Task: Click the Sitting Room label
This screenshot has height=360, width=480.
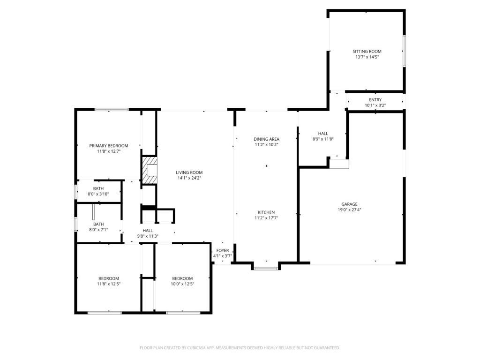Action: click(367, 52)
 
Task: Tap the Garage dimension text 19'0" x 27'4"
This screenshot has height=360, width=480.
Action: click(349, 210)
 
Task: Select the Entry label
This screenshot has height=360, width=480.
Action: click(375, 100)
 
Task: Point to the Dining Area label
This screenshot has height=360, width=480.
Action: click(266, 139)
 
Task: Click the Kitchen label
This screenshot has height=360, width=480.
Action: click(266, 212)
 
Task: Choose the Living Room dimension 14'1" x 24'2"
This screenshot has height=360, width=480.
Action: click(189, 178)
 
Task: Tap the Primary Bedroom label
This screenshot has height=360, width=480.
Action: click(109, 146)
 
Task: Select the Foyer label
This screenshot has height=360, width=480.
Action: click(222, 251)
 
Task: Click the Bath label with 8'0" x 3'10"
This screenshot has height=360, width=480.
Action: click(98, 188)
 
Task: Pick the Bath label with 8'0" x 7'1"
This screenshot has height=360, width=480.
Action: click(98, 224)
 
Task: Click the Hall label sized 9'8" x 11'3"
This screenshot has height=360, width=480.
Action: click(148, 231)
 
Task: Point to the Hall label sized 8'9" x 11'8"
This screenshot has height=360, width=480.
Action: click(323, 134)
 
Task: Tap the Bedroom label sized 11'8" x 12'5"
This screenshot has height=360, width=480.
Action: click(109, 278)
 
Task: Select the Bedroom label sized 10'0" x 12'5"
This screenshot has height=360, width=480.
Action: click(182, 278)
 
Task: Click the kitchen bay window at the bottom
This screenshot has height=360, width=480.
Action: click(266, 268)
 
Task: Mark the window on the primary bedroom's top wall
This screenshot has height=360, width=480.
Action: click(112, 110)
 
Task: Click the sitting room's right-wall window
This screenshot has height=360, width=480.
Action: click(404, 51)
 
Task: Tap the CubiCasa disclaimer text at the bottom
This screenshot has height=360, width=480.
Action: click(240, 348)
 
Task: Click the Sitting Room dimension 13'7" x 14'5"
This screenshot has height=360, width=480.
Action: click(367, 57)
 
